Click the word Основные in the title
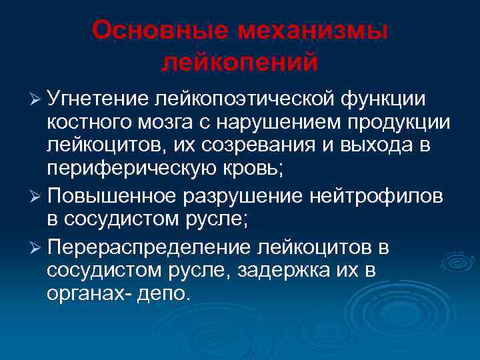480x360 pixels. [x=156, y=29]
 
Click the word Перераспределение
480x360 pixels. [x=147, y=247]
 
